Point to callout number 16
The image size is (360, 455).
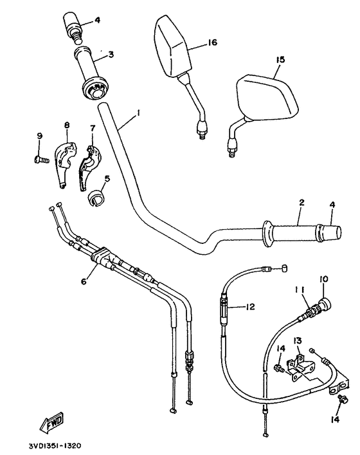pos(213,42)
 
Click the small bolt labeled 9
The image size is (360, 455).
pos(42,154)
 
